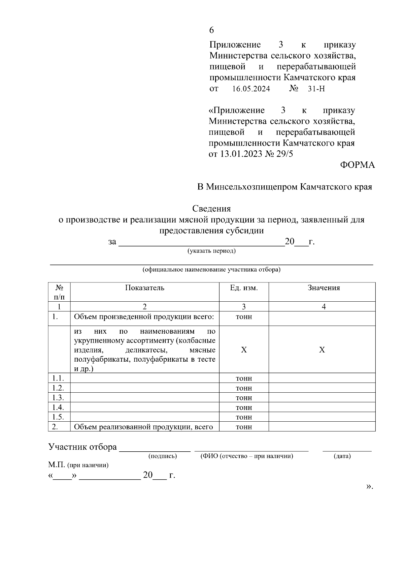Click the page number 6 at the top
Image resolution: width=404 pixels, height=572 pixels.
tap(211, 30)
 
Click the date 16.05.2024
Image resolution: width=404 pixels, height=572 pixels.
tap(251, 89)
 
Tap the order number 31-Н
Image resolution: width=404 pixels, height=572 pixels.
tap(316, 89)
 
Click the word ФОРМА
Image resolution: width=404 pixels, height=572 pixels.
tap(357, 165)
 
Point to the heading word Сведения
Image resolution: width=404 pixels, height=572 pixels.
tap(211, 209)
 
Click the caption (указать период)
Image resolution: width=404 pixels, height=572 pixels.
tap(211, 251)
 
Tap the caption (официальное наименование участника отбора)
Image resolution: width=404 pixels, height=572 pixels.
tap(211, 270)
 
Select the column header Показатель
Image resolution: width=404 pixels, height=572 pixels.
tap(145, 288)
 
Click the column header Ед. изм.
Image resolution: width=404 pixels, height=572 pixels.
tap(244, 288)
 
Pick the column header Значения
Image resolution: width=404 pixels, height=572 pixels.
tap(324, 288)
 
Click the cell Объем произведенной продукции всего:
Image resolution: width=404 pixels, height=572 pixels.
tap(144, 317)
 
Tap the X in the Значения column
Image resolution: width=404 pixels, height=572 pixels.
tap(322, 350)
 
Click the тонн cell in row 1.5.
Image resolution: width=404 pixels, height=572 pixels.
tap(244, 417)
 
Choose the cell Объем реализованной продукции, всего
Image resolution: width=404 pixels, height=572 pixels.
tap(143, 427)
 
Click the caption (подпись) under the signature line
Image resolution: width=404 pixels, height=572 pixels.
tap(163, 456)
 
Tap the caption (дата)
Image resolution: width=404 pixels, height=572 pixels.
tap(342, 456)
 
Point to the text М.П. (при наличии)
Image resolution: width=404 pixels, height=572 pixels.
tap(78, 465)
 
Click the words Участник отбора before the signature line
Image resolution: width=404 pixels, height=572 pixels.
tap(82, 447)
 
